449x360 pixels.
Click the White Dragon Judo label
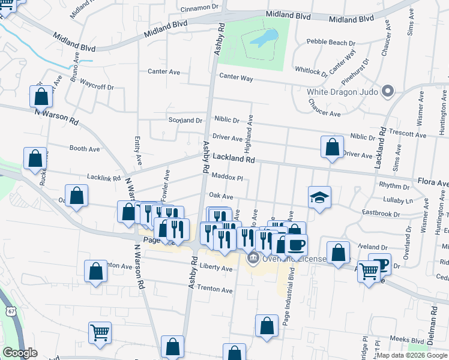[341, 92]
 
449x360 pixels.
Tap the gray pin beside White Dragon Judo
[388, 91]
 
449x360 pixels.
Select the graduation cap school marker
[320, 197]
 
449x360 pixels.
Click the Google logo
[20, 353]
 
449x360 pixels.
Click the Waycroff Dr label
[97, 86]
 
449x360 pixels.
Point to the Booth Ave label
[85, 148]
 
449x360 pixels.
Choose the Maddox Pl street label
[227, 178]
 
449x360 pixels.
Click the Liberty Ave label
[216, 269]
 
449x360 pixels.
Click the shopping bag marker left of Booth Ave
[35, 159]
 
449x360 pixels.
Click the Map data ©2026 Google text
[411, 355]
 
